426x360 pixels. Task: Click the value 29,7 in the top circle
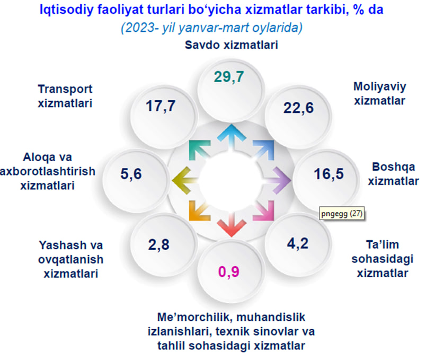[x=229, y=77]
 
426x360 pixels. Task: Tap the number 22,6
[x=298, y=108]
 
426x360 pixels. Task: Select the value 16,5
[x=329, y=174]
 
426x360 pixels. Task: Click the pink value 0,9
[x=229, y=272]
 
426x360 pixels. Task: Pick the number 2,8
[x=158, y=245]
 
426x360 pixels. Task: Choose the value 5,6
[x=131, y=174]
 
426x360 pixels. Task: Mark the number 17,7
[x=161, y=106]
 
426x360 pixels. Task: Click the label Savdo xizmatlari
[x=231, y=45]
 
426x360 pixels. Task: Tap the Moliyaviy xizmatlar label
[x=379, y=93]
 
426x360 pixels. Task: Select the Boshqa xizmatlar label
[x=393, y=174]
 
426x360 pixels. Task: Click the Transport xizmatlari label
[x=65, y=96]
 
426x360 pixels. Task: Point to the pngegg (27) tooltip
[x=342, y=214]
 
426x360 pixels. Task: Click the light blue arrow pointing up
[x=232, y=136]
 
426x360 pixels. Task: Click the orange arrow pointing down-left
[x=200, y=210]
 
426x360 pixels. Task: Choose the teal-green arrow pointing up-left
[x=200, y=150]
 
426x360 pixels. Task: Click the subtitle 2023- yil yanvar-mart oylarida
[x=211, y=28]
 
